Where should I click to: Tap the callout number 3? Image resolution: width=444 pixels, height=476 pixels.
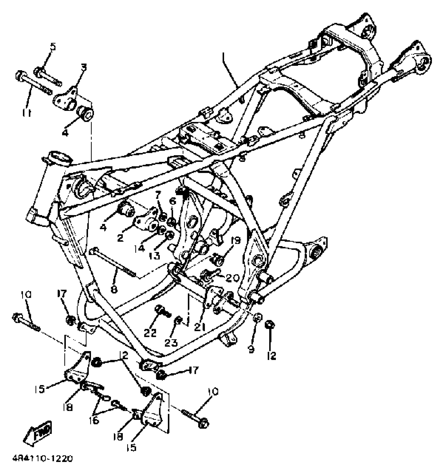coord(83,67)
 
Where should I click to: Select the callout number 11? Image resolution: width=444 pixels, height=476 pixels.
coord(26,113)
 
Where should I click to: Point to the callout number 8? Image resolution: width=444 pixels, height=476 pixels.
coord(114,289)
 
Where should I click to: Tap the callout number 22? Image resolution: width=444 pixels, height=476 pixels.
coord(150,332)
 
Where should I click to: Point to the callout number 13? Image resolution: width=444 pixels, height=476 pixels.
coord(155,256)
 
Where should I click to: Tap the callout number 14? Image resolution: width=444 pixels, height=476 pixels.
coord(140,248)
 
